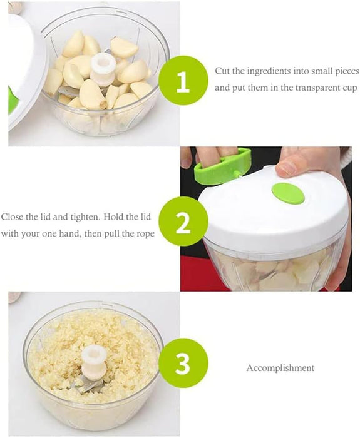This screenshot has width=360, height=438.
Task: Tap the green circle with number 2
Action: (183, 222)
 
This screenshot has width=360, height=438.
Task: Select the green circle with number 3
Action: (183, 363)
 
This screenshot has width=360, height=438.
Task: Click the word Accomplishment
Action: (280, 368)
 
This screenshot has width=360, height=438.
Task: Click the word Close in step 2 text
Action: (13, 217)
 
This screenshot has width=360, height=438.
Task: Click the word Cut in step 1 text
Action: (222, 71)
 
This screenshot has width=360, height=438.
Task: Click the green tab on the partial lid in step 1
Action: (13, 99)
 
